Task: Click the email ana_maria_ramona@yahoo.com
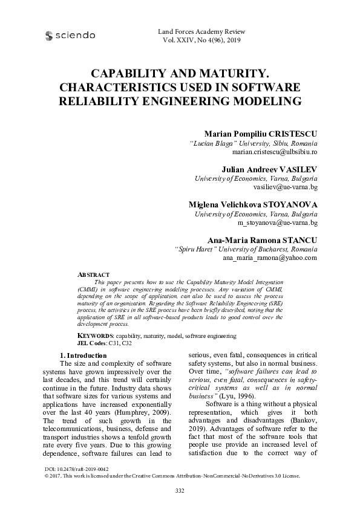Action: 270,258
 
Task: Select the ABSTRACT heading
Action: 94,274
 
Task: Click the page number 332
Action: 180,490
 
